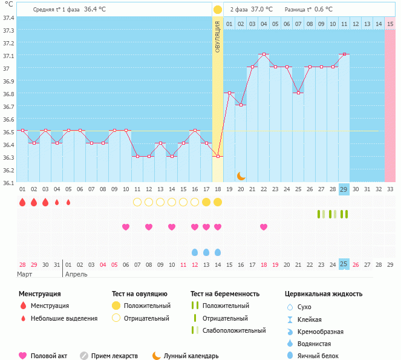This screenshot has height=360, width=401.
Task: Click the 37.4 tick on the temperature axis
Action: click(x=8, y=18)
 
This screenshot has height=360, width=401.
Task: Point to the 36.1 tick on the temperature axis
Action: click(x=8, y=183)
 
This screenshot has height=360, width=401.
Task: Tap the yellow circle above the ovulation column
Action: click(x=218, y=10)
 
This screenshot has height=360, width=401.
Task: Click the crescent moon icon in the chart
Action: click(x=241, y=175)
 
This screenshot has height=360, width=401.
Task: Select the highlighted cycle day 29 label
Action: click(x=344, y=189)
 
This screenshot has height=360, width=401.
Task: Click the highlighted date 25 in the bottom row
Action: click(x=344, y=264)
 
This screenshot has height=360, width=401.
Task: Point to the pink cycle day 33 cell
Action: click(x=390, y=189)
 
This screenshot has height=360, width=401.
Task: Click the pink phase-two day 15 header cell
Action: click(x=390, y=24)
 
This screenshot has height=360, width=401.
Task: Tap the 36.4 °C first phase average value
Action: click(x=95, y=10)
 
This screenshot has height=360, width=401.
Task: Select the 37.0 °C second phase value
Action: click(x=261, y=10)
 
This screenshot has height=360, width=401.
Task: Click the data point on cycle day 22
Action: click(x=264, y=54)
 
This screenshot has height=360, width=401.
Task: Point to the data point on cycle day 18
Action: click(x=218, y=156)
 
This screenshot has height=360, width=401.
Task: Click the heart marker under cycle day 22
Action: click(x=264, y=227)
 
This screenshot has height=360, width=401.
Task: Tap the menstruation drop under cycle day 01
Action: click(x=22, y=202)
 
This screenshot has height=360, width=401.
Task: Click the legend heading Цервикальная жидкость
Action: click(x=324, y=294)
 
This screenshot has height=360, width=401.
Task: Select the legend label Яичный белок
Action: click(x=322, y=356)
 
